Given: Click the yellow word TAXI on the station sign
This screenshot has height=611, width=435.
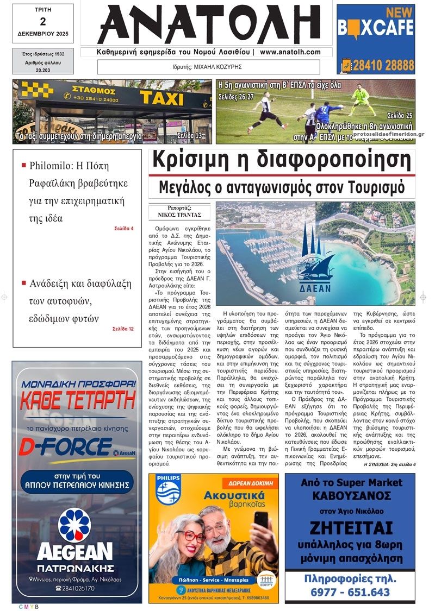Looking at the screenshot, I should [x=161, y=98].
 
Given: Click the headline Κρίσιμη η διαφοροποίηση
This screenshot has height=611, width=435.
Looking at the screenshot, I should [x=281, y=161].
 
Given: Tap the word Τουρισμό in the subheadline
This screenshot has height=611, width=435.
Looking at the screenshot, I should [x=374, y=187].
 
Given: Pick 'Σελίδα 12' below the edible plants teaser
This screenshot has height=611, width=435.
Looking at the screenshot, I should [x=122, y=329].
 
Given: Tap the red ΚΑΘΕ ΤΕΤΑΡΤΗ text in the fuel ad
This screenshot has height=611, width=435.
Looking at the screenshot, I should [x=77, y=401].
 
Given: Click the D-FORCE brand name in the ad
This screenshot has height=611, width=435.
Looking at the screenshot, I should [x=65, y=446].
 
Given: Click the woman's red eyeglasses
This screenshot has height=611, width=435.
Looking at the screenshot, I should [x=191, y=537].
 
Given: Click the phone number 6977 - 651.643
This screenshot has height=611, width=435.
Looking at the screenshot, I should [x=350, y=592].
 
